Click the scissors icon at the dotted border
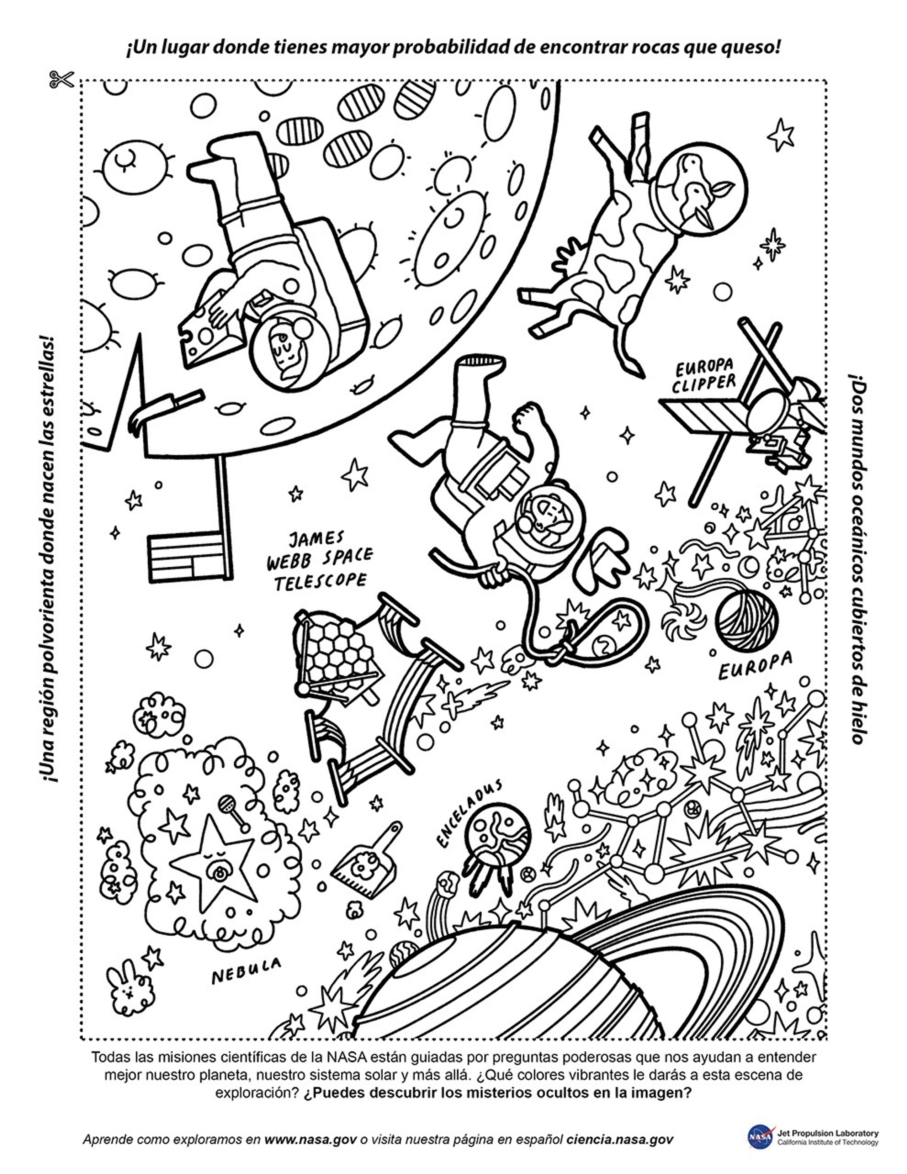click(x=61, y=80)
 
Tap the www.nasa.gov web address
click(x=311, y=1139)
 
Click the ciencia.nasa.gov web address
click(x=620, y=1139)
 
